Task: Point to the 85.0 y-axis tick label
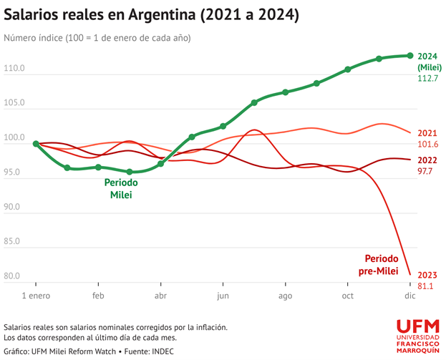[14, 241]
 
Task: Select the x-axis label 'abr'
[161, 296]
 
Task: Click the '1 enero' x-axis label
[36, 296]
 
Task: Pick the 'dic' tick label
[410, 296]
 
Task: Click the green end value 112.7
[427, 78]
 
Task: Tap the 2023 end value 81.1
[426, 286]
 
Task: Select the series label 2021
[427, 133]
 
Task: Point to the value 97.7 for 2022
[427, 172]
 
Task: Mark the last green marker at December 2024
[410, 55]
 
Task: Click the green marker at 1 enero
[36, 144]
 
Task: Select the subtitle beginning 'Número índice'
[97, 37]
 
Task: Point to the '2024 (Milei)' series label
[427, 62]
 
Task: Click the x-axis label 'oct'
[348, 296]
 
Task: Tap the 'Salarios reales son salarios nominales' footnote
[115, 327]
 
